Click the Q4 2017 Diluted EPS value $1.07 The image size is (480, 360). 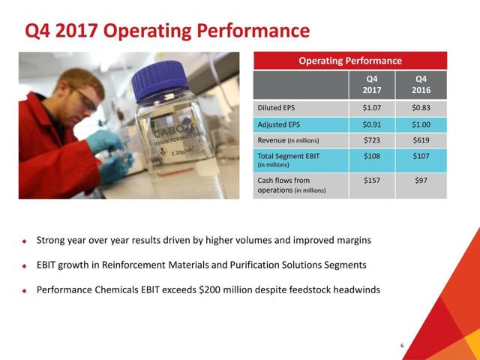click(x=372, y=108)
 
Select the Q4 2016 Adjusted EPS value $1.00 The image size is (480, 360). click(x=421, y=124)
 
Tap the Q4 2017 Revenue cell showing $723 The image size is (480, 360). click(x=372, y=140)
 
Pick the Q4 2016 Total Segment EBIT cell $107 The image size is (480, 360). click(x=421, y=156)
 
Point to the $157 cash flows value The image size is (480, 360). click(x=372, y=180)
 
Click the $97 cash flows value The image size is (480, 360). click(x=421, y=180)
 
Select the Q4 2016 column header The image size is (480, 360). click(x=421, y=85)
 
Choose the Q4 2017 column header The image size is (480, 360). click(x=372, y=85)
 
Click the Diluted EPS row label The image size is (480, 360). click(x=276, y=108)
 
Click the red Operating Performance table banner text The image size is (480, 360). click(x=350, y=61)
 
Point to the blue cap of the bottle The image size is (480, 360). click(x=160, y=79)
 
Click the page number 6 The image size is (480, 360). click(x=402, y=346)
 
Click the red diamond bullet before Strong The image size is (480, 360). click(x=25, y=241)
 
